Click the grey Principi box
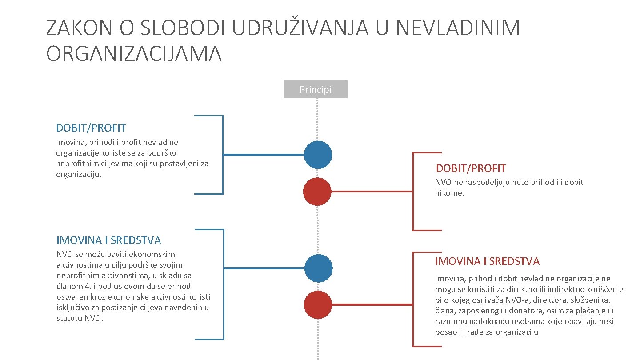(316, 89)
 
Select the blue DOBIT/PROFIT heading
(91, 128)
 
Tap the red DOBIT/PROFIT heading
(471, 168)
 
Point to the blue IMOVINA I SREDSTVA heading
(108, 240)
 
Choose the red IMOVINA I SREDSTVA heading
(487, 261)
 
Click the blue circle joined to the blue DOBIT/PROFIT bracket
(318, 155)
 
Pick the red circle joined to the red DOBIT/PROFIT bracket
(317, 192)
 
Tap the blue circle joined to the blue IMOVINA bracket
(318, 268)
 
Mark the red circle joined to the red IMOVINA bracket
(318, 305)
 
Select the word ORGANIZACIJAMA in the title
(134, 54)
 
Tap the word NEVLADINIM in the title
(458, 28)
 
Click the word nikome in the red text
(449, 193)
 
